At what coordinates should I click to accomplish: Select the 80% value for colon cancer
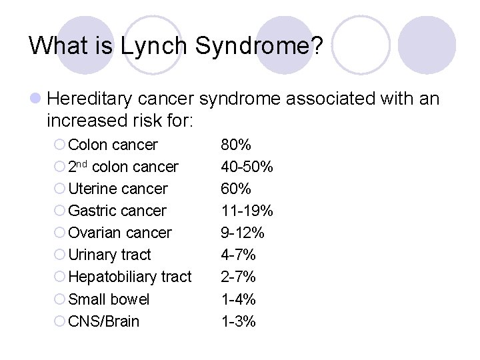click(x=236, y=145)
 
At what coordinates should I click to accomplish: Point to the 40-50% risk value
click(x=247, y=167)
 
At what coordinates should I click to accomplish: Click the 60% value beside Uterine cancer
click(x=236, y=189)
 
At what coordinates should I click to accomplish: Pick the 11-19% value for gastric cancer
click(x=247, y=211)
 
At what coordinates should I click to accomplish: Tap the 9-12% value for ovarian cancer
click(x=243, y=233)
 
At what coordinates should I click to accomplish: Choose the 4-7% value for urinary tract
click(x=238, y=255)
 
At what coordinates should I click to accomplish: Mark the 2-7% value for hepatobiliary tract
click(x=238, y=277)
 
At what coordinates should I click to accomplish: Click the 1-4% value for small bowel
click(x=238, y=299)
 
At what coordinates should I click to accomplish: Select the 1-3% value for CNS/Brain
click(x=238, y=321)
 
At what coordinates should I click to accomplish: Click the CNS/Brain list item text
click(x=104, y=321)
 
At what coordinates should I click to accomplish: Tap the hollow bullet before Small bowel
click(x=59, y=299)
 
